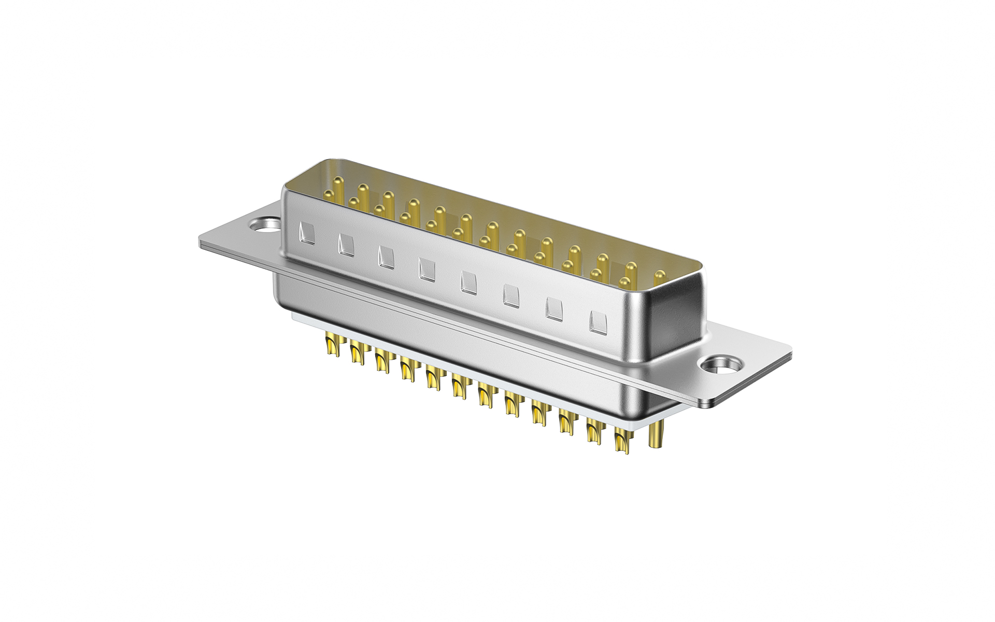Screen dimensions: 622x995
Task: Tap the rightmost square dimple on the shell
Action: tap(597, 322)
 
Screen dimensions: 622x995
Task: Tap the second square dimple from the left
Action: tap(346, 244)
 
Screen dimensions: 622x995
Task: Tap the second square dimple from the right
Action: tap(553, 309)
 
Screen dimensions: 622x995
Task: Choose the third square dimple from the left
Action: tap(386, 257)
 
